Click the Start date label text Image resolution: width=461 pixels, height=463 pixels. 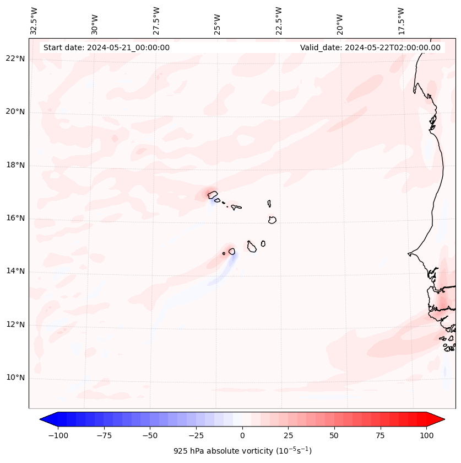pos(106,47)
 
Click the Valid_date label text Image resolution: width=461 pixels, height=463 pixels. pos(370,47)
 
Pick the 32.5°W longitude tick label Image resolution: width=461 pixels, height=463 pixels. pos(34,20)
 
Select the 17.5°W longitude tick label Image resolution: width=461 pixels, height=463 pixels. pos(401,20)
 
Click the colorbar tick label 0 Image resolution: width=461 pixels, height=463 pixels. pos(242,435)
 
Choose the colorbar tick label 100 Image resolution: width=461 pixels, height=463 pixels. pos(427,435)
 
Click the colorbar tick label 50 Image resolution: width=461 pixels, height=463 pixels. pos(334,435)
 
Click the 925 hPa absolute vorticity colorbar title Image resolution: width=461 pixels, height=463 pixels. pos(242,451)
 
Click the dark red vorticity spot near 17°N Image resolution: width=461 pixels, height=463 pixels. pos(211,194)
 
